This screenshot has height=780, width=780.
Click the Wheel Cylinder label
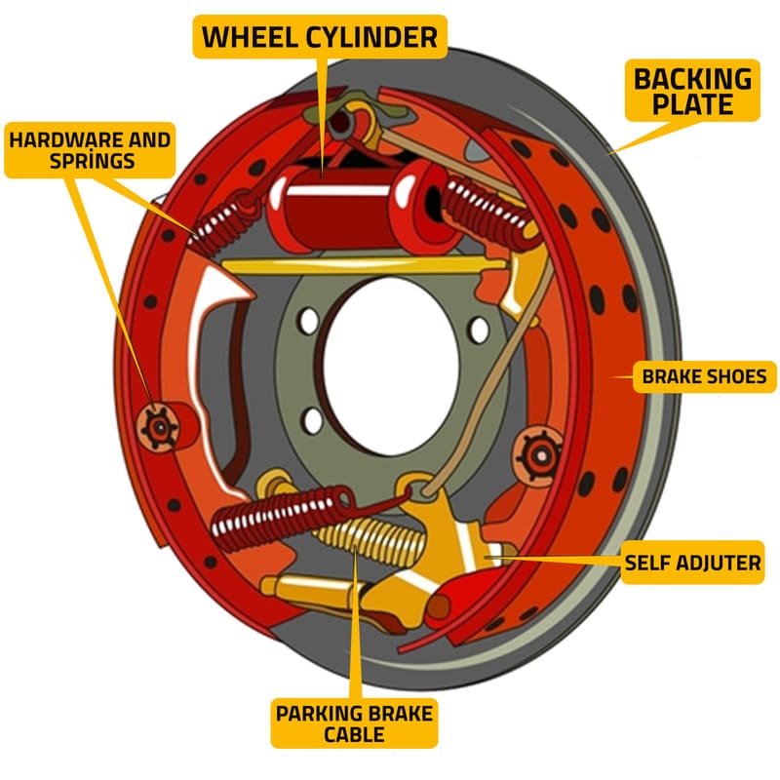pos(320,38)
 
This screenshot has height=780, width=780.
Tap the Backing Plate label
pos(694,91)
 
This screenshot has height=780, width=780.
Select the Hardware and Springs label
pos(90,149)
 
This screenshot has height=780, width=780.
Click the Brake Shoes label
pos(704,375)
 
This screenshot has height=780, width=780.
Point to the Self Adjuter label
pos(692,562)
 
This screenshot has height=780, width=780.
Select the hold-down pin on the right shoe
pos(537,451)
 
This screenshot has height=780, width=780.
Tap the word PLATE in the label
pos(694,104)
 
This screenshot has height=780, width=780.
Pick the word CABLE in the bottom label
pos(353,736)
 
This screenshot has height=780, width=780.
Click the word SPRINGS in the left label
pos(90,161)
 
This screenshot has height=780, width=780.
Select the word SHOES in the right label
pos(736,375)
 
